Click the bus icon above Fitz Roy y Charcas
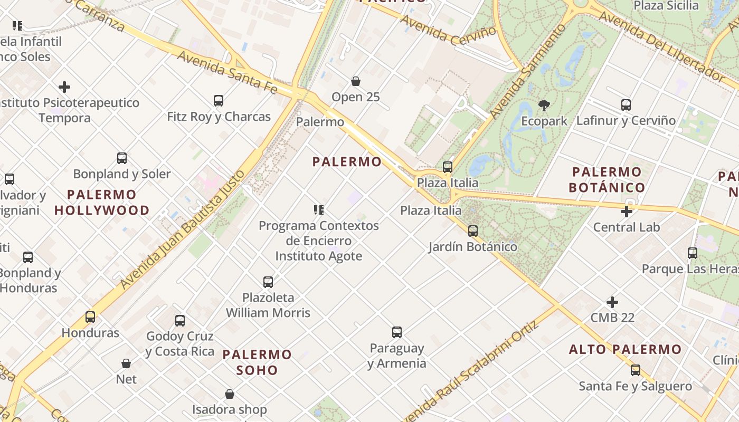coord(218,100)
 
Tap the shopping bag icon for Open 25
coord(356,81)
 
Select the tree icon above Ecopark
coord(544,105)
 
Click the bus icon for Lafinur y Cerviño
coord(626,104)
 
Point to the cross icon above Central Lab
coord(627,212)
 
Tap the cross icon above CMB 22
coord(612,302)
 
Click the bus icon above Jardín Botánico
coord(472,231)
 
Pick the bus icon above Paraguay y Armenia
coord(397,332)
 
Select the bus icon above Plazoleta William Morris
coord(268,282)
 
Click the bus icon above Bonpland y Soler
coord(122,158)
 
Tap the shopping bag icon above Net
coord(126,363)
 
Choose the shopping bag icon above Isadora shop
coord(230,394)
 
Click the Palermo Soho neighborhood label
coord(257,362)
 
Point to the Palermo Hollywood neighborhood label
coord(102,203)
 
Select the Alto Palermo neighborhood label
coord(626,349)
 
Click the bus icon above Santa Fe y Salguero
coord(636,370)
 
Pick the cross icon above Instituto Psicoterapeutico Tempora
coord(64,87)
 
